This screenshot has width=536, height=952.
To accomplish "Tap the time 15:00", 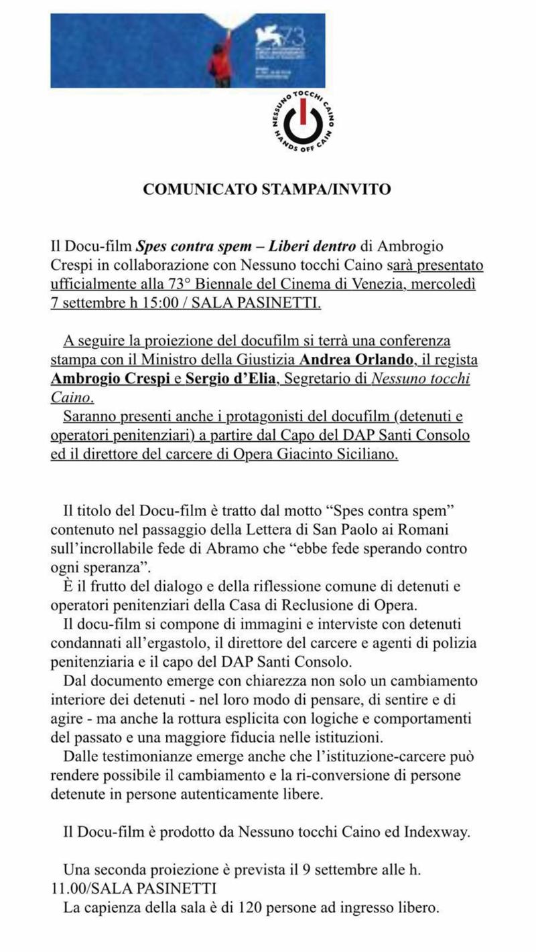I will (x=161, y=303).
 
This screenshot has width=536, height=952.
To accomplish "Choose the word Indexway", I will (x=439, y=833).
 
